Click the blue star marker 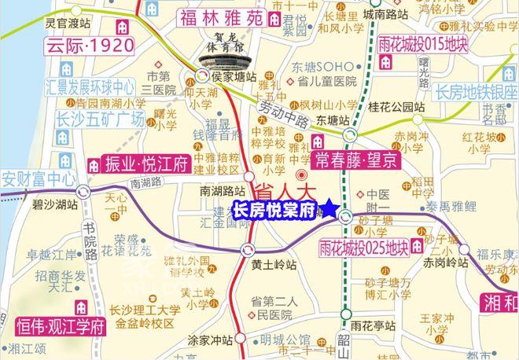329,209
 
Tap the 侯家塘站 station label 234,77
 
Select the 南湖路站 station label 218,190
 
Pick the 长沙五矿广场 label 85,119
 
